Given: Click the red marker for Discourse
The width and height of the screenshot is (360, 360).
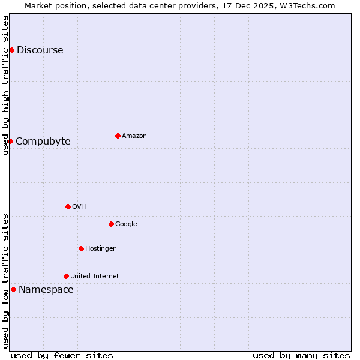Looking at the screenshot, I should coord(11,50).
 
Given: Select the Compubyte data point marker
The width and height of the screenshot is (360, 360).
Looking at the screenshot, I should coord(10,141).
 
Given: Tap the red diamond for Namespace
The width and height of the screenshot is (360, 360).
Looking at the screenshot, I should coord(13,289).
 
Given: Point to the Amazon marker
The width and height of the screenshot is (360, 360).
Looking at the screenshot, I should coord(118,136).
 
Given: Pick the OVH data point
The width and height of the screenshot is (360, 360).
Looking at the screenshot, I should coord(68,206).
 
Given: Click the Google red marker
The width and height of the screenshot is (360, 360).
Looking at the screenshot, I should coord(111,224).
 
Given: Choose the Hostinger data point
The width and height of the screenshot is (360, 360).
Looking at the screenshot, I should coord(81,248).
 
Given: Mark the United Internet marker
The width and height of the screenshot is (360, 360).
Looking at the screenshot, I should coord(66,276).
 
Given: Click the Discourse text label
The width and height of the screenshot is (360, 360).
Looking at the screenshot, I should coord(40,50).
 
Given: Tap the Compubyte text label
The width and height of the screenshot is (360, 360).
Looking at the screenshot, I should coord(43,142).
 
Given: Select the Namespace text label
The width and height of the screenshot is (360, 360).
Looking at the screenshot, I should coord(46,290).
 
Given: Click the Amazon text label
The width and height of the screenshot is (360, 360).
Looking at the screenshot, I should coord(134,136).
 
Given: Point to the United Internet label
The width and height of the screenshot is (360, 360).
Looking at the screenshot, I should coord(94,277).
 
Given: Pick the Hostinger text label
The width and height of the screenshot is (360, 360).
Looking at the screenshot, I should coord(100,249).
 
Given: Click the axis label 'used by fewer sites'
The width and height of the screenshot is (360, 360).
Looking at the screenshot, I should coord(62,355).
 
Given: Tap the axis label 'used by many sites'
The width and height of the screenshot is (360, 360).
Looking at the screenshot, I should coord(301,355).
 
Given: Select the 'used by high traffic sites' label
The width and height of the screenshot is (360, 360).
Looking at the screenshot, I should coord(6,85).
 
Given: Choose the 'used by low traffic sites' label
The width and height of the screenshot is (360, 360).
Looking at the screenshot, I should coord(6,281).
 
